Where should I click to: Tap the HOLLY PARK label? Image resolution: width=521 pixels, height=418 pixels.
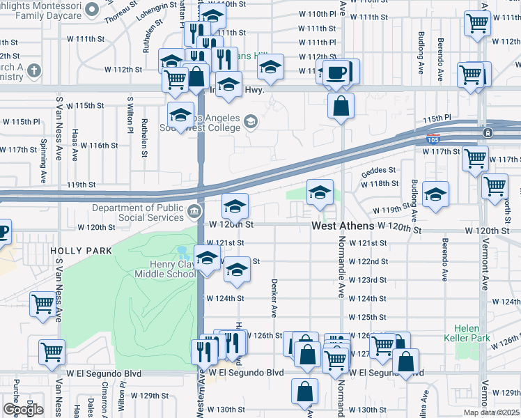point(71,249)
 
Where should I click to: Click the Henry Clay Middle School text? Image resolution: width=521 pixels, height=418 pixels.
point(172,269)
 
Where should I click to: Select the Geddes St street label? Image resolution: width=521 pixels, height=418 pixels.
point(378,169)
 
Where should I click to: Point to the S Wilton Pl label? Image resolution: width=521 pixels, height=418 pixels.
point(130,115)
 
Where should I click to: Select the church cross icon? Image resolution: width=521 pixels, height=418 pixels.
point(33,70)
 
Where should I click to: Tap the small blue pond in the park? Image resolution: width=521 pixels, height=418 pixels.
point(182,251)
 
